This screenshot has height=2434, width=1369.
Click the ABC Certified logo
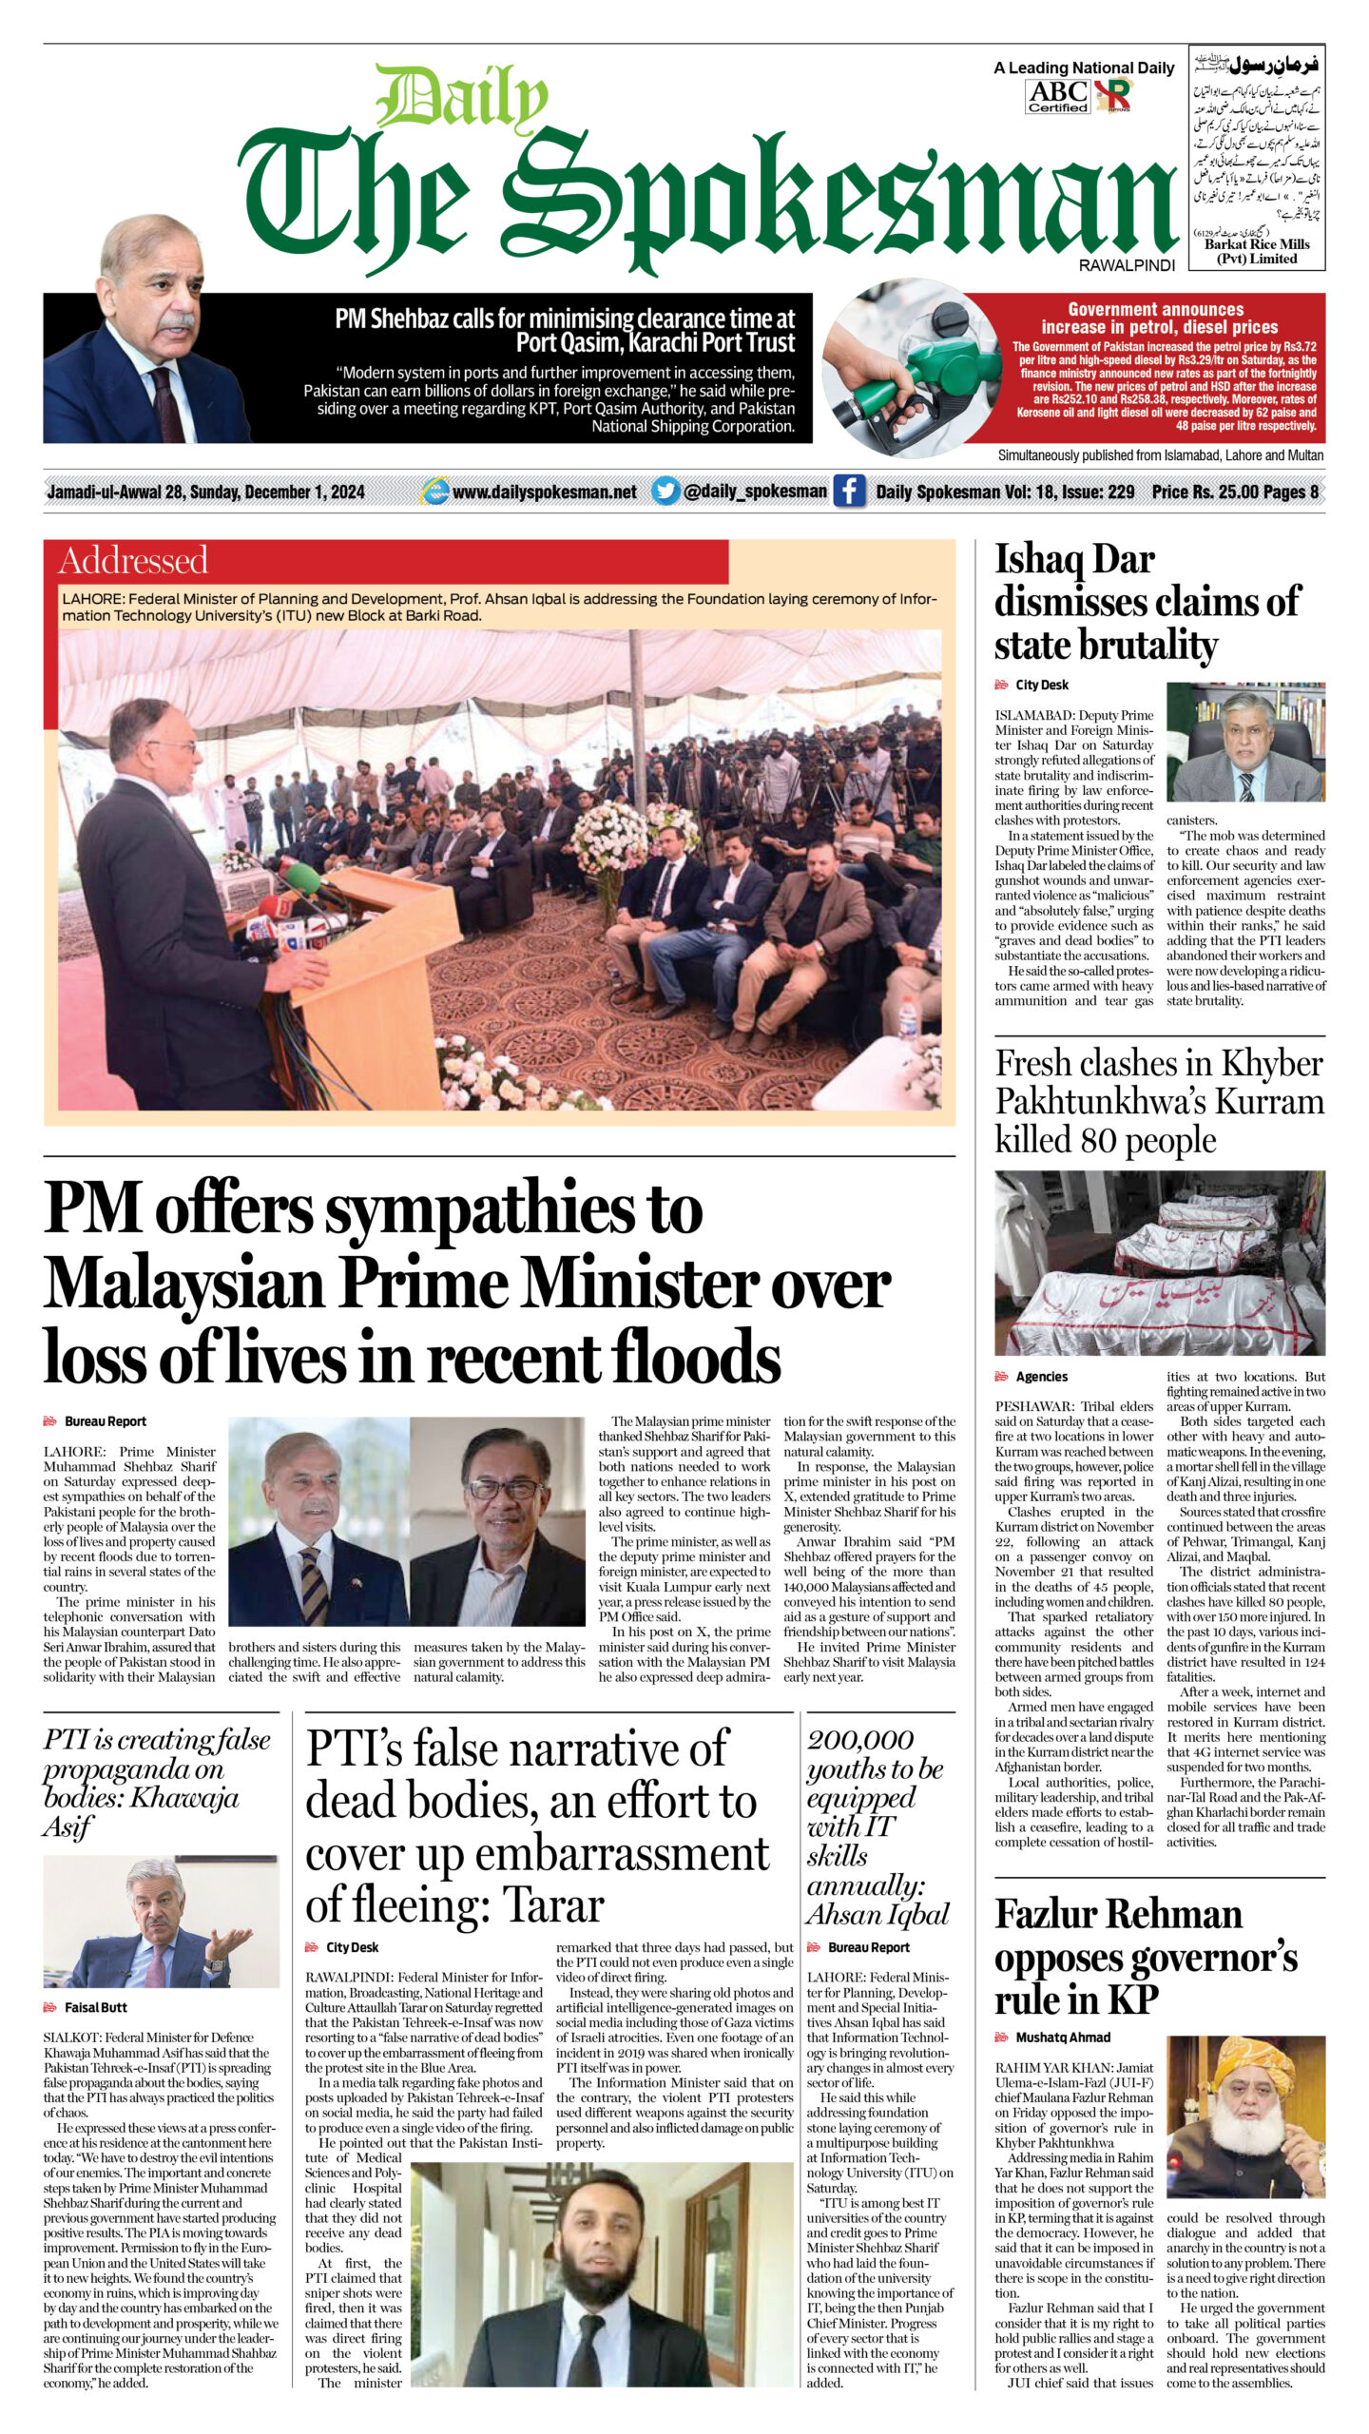[x=1058, y=95]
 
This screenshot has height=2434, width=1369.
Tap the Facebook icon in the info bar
[x=849, y=491]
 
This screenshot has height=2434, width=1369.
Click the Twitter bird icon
[x=665, y=491]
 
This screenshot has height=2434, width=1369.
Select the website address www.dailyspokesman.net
[x=544, y=492]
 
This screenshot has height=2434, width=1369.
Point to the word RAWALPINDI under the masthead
[x=1127, y=266]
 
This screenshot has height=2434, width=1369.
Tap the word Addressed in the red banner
[x=133, y=561]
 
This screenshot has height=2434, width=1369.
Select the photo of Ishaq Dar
[x=1245, y=742]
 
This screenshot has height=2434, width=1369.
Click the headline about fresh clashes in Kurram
[x=1158, y=1101]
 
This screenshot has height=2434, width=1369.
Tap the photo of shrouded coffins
[x=1159, y=1263]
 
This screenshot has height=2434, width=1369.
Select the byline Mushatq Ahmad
[x=1062, y=2038]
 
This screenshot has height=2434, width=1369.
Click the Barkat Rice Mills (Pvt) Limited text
[x=1257, y=251]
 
